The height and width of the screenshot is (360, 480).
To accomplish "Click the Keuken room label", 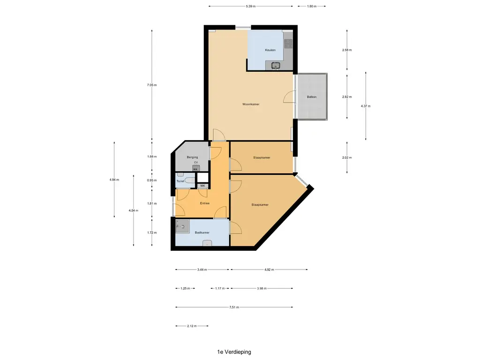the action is (270, 50).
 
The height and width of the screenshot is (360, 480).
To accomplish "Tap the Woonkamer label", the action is (251, 105).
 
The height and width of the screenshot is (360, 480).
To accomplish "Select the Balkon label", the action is (312, 97).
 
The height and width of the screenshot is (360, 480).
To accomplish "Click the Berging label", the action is (192, 157).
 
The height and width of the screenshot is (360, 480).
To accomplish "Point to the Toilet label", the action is (180, 181).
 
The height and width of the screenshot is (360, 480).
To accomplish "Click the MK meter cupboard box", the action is (202, 186).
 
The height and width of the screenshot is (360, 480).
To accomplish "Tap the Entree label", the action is (205, 203).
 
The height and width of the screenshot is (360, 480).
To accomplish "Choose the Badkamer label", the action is (202, 232).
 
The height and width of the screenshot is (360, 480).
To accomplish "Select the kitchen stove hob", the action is (288, 44).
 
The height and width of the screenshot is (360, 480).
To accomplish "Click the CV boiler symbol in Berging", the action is (195, 168).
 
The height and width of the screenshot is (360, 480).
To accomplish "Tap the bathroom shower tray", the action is (182, 226).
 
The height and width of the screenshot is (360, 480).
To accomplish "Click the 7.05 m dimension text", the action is (151, 85).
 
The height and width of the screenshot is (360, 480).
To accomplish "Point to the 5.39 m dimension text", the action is (250, 6).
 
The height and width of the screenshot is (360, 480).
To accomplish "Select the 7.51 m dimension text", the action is (234, 307).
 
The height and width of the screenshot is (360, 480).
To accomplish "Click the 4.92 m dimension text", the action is (269, 270).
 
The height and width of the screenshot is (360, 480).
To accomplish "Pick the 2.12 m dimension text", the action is (192, 326).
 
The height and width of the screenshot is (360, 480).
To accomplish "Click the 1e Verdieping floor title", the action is (234, 352).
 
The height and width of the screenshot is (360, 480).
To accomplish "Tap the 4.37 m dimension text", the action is (366, 106).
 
